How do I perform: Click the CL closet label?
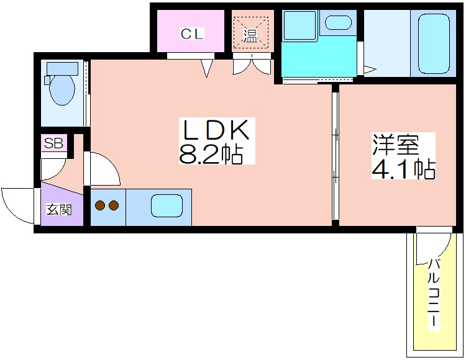pos(192,34)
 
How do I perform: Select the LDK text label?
pos(216,130)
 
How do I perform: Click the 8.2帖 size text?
pos(211,154)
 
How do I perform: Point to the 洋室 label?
pos(396,145)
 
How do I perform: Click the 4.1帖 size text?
pos(404,169)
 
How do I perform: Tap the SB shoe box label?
pos(54,143)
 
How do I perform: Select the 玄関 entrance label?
pos(59,210)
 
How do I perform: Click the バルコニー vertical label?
pos(434,292)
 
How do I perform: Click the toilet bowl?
pos(62,89)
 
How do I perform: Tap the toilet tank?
pos(62,68)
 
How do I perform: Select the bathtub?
pos(434,44)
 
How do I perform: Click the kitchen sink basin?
pos(167,205)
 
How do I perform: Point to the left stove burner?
pos(100,205)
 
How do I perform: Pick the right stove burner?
pos(114,205)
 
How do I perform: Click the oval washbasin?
pos(338,22)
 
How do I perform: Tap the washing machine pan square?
pos(299,25)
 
